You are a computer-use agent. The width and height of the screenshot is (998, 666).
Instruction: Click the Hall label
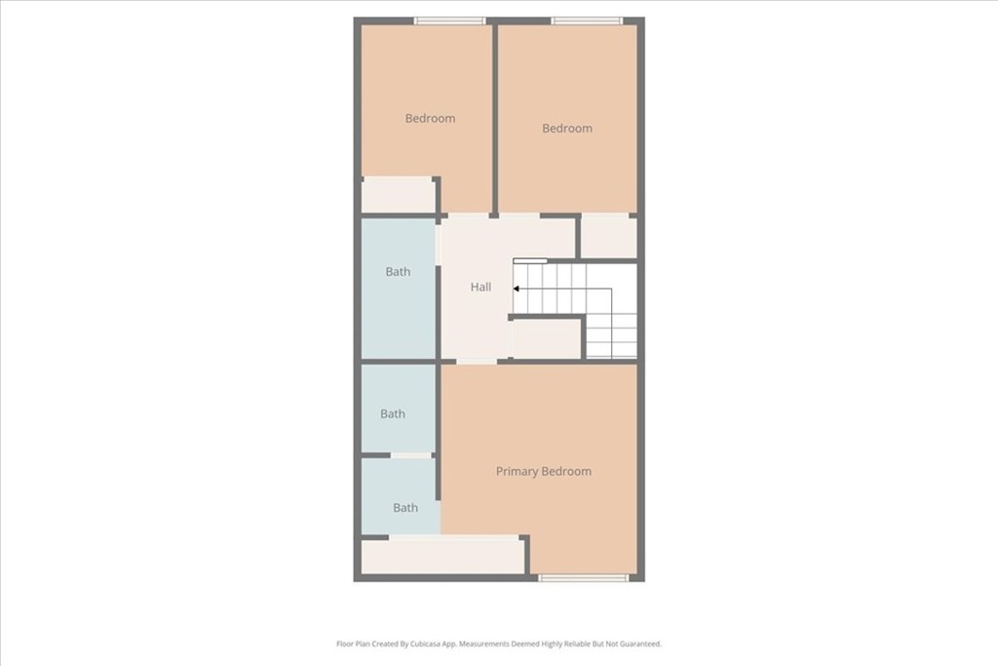pyautogui.click(x=480, y=287)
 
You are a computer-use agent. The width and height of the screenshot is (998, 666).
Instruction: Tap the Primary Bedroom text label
pyautogui.click(x=543, y=471)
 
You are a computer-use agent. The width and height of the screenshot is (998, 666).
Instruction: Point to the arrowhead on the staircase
pyautogui.click(x=517, y=288)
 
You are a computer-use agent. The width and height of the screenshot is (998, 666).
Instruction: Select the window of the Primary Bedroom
pyautogui.click(x=584, y=578)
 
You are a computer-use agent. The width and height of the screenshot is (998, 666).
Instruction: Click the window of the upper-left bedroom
pyautogui.click(x=449, y=20)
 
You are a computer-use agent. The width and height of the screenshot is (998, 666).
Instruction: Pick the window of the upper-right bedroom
pyautogui.click(x=586, y=20)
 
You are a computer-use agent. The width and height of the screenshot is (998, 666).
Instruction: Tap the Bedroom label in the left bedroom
pyautogui.click(x=430, y=118)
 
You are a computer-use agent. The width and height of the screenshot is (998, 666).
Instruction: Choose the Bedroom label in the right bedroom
pyautogui.click(x=566, y=128)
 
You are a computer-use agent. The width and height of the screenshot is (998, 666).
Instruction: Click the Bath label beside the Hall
pyautogui.click(x=398, y=271)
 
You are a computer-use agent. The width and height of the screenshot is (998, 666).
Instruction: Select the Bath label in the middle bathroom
pyautogui.click(x=393, y=413)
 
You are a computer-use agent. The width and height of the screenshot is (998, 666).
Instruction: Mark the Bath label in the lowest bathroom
pyautogui.click(x=405, y=507)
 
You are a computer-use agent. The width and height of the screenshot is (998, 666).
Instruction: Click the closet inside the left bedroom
pyautogui.click(x=398, y=195)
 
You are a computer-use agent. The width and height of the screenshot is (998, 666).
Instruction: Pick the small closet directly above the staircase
pyautogui.click(x=608, y=237)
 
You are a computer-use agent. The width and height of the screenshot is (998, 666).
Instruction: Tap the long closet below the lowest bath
pyautogui.click(x=442, y=556)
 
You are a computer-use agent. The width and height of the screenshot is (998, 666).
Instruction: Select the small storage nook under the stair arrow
pyautogui.click(x=546, y=339)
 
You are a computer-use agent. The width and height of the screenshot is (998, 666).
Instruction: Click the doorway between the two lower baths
pyautogui.click(x=410, y=455)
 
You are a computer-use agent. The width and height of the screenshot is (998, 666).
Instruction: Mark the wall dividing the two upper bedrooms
pyautogui.click(x=494, y=117)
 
